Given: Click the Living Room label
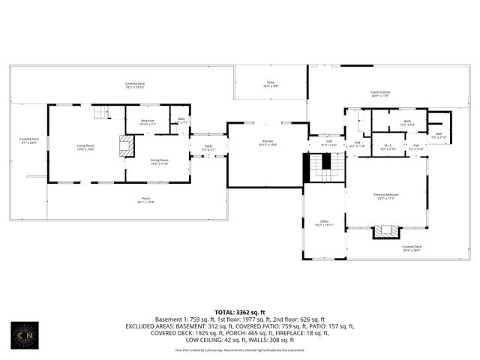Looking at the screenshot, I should [x=85, y=147].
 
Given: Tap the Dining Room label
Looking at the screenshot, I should [x=159, y=161].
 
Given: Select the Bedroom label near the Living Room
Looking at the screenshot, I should [x=147, y=121].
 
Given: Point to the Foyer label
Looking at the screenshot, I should [x=208, y=148].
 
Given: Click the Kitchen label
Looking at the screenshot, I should [x=267, y=142].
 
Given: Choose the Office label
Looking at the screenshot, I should [x=325, y=223].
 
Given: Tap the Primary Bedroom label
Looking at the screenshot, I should [x=386, y=196].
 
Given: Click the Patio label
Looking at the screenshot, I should [x=271, y=85].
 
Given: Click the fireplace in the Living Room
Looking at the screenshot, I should [x=127, y=145].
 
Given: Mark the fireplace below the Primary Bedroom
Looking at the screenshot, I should [x=387, y=231].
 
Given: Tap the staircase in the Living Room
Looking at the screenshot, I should [x=100, y=113].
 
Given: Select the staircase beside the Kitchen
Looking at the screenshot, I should [x=324, y=163].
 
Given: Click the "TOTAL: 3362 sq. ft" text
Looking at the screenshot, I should [x=239, y=312].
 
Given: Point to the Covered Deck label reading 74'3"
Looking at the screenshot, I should [x=135, y=85].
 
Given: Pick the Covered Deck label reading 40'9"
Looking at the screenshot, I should [x=380, y=94].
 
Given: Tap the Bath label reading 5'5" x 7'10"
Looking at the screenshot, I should [x=439, y=136].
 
